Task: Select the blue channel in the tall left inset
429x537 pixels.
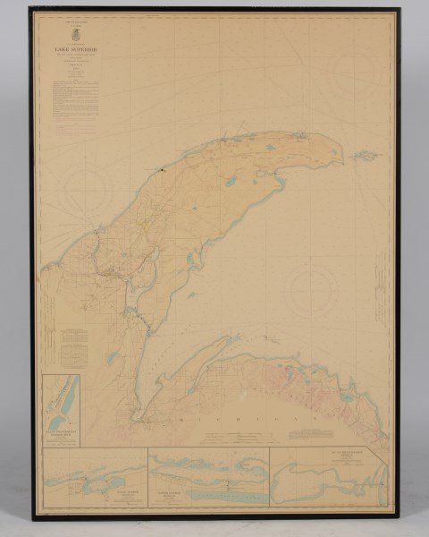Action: [61, 403]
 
